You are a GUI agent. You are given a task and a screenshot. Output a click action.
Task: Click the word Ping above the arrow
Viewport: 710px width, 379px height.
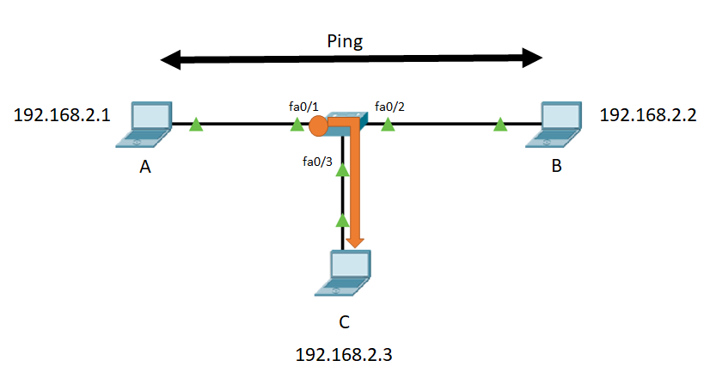pyautogui.click(x=345, y=42)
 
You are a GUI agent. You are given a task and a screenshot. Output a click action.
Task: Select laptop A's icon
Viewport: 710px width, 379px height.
pyautogui.click(x=144, y=125)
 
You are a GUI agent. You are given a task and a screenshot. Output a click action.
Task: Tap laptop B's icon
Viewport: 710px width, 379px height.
pyautogui.click(x=554, y=125)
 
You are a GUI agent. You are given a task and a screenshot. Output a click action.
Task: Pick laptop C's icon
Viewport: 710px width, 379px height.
pyautogui.click(x=343, y=273)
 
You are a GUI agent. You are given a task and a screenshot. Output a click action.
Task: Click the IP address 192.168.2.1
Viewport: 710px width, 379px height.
pyautogui.click(x=62, y=115)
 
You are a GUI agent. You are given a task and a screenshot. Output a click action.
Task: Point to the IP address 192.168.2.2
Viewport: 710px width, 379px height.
pyautogui.click(x=648, y=115)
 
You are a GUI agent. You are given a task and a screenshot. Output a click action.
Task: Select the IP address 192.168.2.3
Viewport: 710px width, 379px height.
pyautogui.click(x=344, y=355)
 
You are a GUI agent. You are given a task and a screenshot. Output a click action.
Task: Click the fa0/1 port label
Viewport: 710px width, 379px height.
pyautogui.click(x=303, y=107)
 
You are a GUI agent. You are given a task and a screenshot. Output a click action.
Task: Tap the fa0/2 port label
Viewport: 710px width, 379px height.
pyautogui.click(x=389, y=107)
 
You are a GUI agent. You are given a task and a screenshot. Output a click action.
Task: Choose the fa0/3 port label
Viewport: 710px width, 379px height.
pyautogui.click(x=317, y=162)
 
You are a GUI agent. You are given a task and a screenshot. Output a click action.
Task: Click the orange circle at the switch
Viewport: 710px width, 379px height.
pyautogui.click(x=318, y=125)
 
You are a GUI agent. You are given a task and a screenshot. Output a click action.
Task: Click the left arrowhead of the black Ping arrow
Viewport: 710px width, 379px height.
pyautogui.click(x=171, y=60)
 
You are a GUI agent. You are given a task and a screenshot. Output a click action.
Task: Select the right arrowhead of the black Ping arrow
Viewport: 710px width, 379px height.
pyautogui.click(x=533, y=58)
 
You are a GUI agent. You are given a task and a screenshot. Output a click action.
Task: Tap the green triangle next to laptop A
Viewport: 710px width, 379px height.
pyautogui.click(x=196, y=125)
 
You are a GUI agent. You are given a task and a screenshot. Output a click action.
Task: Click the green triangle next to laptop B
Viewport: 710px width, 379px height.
pyautogui.click(x=500, y=125)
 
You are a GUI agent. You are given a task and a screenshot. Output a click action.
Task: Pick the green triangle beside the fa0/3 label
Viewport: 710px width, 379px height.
pyautogui.click(x=343, y=170)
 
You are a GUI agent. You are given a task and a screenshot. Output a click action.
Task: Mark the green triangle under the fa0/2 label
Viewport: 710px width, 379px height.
pyautogui.click(x=388, y=125)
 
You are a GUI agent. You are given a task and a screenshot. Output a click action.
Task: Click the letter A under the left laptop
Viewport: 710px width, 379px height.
pyautogui.click(x=145, y=167)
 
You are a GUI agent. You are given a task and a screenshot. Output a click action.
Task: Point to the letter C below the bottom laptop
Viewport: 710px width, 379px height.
pyautogui.click(x=344, y=322)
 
